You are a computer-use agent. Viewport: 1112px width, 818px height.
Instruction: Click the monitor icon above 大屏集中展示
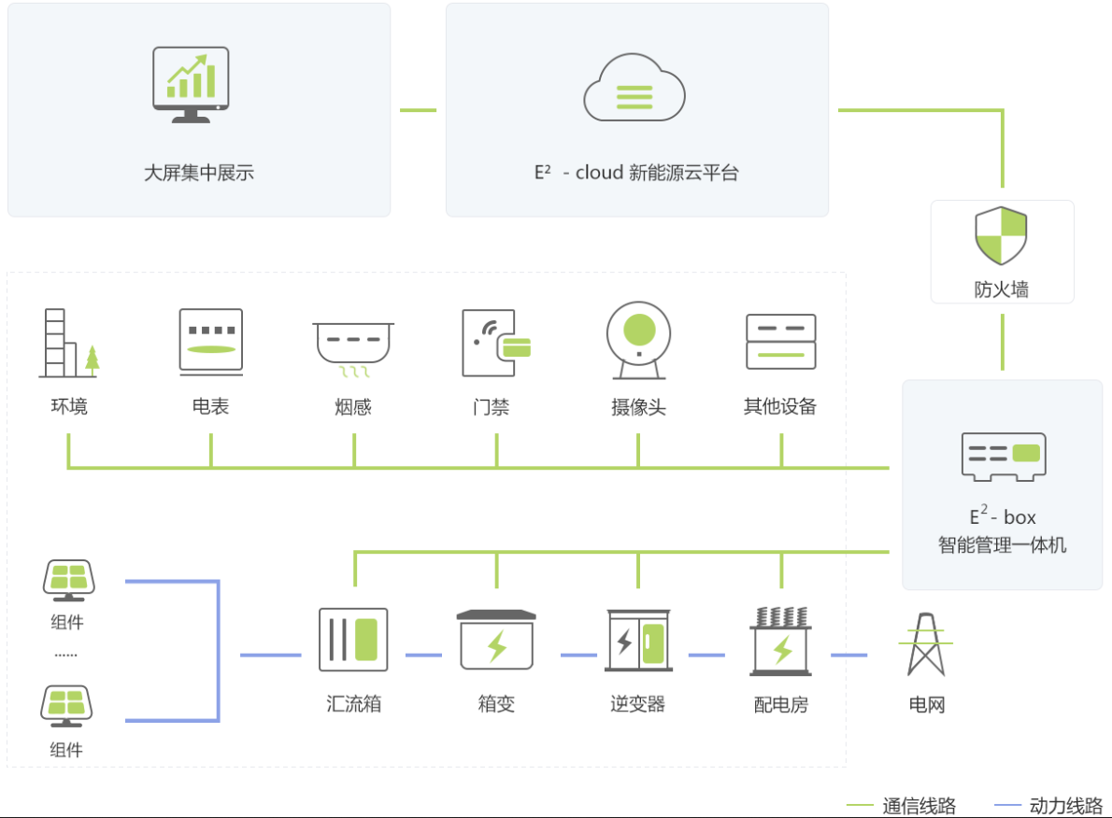click(x=191, y=84)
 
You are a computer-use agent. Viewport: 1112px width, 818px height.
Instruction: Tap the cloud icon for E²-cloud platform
click(x=634, y=89)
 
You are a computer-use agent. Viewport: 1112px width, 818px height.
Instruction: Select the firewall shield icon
click(x=1001, y=236)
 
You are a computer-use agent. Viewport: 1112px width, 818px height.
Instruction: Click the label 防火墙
click(x=1001, y=289)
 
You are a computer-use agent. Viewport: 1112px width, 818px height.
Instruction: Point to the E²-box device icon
click(x=1003, y=457)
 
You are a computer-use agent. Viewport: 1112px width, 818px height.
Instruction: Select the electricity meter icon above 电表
click(x=211, y=342)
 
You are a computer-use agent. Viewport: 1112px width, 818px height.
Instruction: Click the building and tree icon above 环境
click(x=68, y=343)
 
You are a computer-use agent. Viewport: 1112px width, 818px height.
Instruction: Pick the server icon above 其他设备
click(x=780, y=342)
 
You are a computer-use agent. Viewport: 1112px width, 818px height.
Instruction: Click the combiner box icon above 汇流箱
click(x=353, y=640)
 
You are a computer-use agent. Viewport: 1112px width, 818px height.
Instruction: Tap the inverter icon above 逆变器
click(x=638, y=641)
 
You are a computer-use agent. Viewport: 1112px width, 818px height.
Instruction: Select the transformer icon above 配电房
click(x=781, y=642)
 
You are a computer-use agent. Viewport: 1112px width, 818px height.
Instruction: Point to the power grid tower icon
click(x=926, y=643)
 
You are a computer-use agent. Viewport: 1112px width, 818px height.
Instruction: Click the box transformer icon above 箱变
click(x=496, y=641)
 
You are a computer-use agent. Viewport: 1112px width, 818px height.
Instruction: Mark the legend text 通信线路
click(x=919, y=805)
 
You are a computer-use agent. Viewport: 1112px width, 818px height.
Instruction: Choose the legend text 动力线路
click(x=1065, y=805)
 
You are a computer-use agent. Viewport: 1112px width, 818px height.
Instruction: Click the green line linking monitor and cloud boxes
click(x=418, y=110)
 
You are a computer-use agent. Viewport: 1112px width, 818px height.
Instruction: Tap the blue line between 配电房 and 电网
click(x=848, y=655)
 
